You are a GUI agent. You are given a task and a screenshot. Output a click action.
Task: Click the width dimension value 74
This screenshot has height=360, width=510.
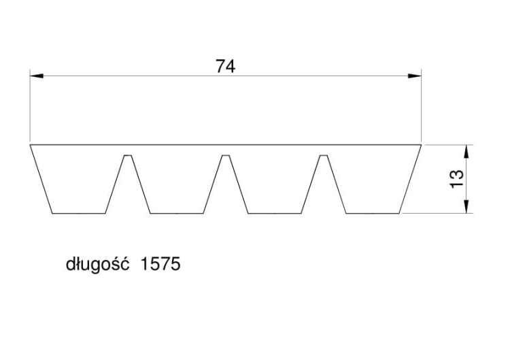click(x=225, y=67)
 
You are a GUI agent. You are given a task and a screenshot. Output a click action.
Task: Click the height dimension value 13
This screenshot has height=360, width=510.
click(x=457, y=179)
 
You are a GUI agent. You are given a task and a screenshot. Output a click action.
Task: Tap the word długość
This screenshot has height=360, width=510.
click(x=97, y=265)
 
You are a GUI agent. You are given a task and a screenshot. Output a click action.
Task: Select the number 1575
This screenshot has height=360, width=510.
click(x=160, y=264)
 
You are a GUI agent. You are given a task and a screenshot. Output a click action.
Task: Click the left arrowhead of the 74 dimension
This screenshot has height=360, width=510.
click(x=37, y=76)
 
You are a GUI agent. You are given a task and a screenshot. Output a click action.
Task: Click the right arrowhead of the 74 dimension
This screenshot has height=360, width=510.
click(x=415, y=76)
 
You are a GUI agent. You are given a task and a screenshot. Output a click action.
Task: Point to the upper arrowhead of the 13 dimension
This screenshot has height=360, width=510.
click(x=466, y=152)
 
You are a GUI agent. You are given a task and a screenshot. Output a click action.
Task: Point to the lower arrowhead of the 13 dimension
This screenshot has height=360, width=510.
click(x=466, y=206)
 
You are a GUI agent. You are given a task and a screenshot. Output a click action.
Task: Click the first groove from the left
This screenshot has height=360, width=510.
click(x=128, y=184)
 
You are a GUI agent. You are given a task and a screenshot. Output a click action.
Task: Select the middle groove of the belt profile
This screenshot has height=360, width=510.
click(x=226, y=184)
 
